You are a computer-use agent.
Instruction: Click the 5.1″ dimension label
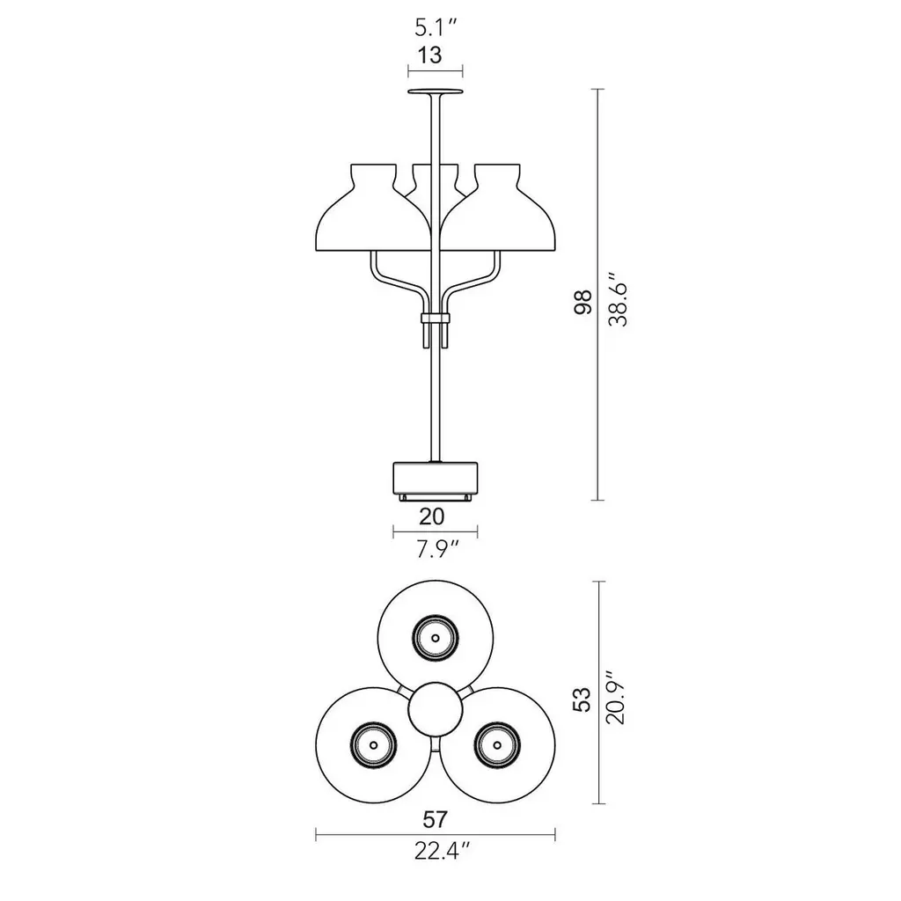[435, 27]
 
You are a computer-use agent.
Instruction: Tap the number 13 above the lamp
[429, 55]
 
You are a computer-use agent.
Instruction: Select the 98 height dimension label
[582, 302]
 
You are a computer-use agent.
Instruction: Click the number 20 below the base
[431, 516]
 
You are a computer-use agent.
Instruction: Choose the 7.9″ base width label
[437, 551]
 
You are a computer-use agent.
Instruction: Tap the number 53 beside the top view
[582, 700]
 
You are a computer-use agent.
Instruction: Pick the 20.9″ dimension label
[615, 696]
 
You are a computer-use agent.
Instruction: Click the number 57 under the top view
[435, 819]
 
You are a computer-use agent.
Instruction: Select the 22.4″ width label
[443, 851]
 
